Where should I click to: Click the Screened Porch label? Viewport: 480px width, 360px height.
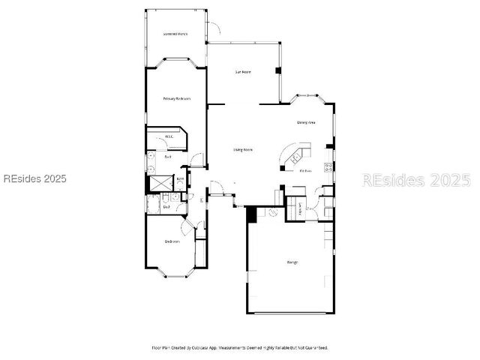tap(175, 34)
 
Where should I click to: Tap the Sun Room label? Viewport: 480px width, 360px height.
tap(242, 72)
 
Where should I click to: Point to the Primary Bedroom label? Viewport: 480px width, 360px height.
tap(177, 99)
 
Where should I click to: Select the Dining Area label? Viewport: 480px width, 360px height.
tap(305, 122)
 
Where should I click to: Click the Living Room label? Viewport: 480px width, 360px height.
tap(243, 150)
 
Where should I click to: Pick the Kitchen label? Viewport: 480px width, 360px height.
tap(305, 171)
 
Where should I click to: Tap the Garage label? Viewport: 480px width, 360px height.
tap(292, 262)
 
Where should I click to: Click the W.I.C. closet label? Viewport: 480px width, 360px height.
tap(169, 136)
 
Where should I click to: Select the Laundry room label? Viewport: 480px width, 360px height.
tap(301, 209)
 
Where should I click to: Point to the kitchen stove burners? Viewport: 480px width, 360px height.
tap(328, 166)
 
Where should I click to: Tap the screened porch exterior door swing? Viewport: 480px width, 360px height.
tap(214, 28)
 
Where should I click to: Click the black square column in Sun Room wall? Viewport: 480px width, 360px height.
tap(278, 71)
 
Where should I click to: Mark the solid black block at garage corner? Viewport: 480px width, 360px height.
tap(252, 214)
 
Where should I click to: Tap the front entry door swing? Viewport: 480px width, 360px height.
tap(216, 187)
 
